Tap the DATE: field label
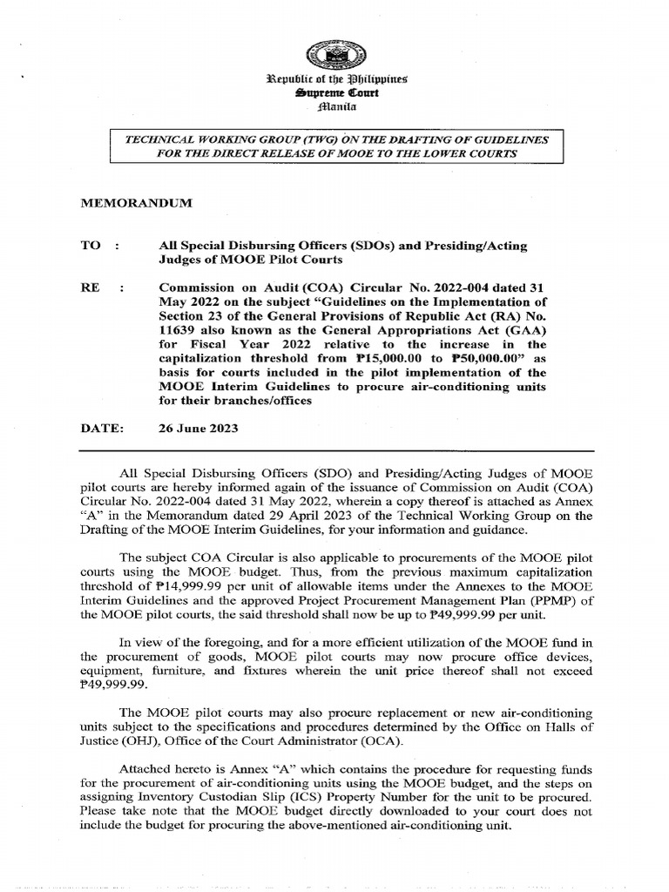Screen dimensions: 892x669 99,429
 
